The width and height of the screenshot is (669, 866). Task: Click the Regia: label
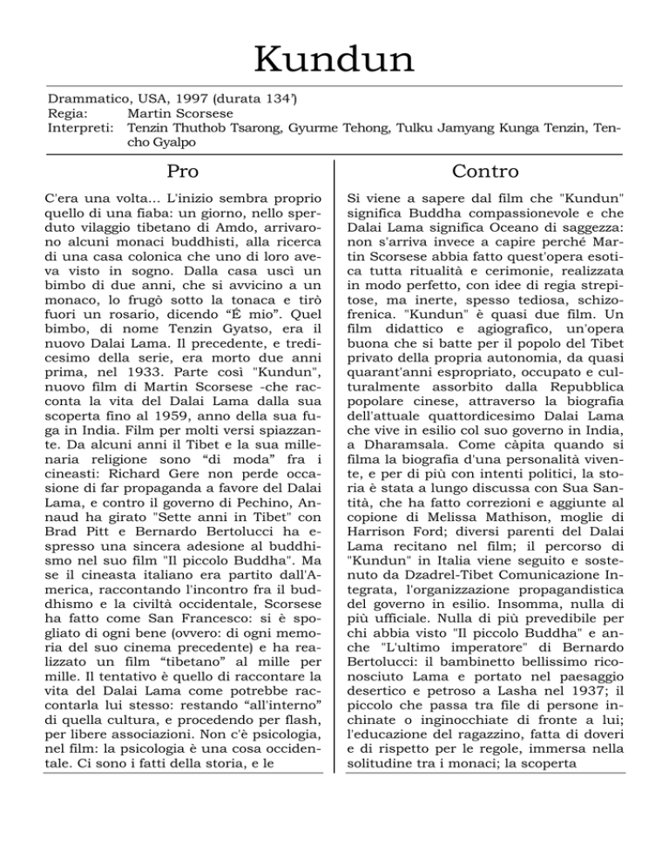66,113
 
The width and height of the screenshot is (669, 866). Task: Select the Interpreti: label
79,128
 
